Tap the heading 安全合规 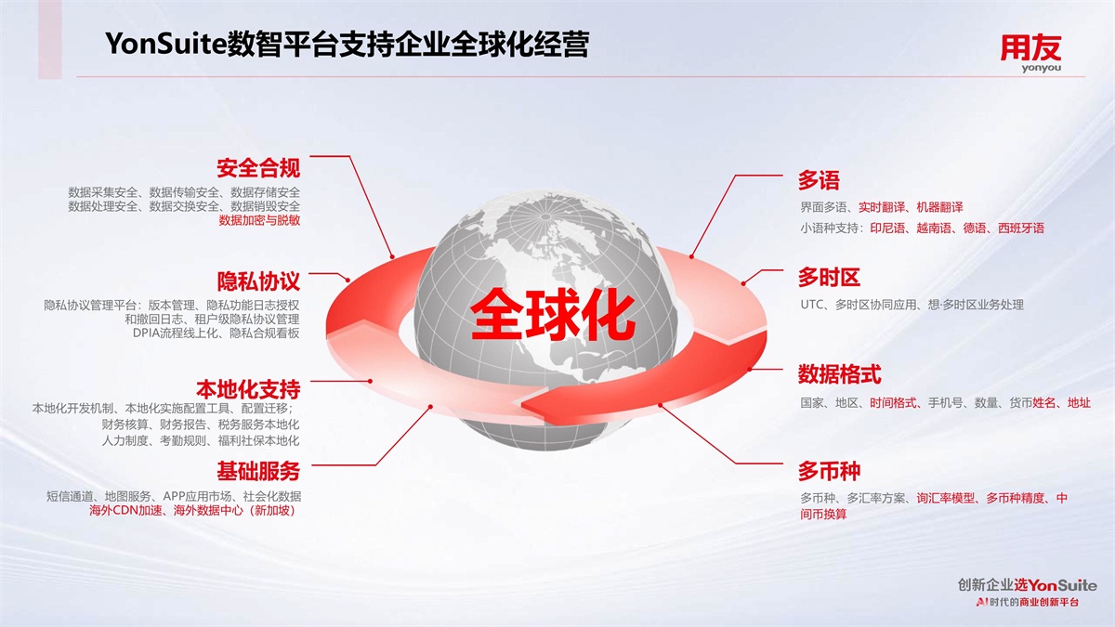(258, 168)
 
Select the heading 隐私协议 (258, 281)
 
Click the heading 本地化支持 (248, 389)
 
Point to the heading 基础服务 (258, 471)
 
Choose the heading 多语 (819, 180)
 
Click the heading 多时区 (829, 277)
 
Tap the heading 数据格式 (840, 374)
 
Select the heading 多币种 (829, 471)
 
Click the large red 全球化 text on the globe (553, 315)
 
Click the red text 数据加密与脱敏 (259, 220)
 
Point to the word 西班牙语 (1021, 229)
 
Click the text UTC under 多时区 (811, 305)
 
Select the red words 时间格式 (893, 403)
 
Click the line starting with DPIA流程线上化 (216, 333)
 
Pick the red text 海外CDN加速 (126, 511)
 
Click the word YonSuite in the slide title (165, 44)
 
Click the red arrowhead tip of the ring (521, 405)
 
